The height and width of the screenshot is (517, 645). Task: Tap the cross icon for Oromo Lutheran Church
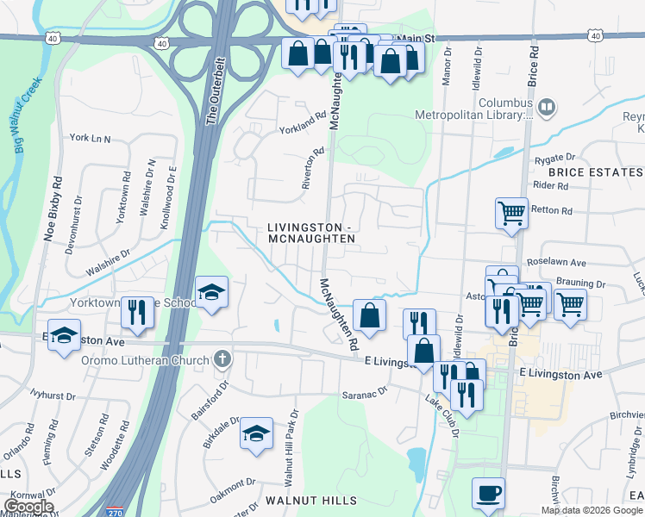tap(222, 358)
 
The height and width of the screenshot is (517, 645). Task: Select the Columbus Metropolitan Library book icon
tap(545, 108)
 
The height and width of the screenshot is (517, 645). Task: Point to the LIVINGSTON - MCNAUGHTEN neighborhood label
tap(310, 233)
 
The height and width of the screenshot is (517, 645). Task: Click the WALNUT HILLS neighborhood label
tap(310, 501)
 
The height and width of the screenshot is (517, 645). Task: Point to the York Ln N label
tap(91, 138)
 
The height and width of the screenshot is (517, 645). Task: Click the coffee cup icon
tap(489, 493)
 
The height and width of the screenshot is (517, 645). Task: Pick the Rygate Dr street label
tap(554, 158)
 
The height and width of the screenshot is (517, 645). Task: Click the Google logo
tap(28, 507)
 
